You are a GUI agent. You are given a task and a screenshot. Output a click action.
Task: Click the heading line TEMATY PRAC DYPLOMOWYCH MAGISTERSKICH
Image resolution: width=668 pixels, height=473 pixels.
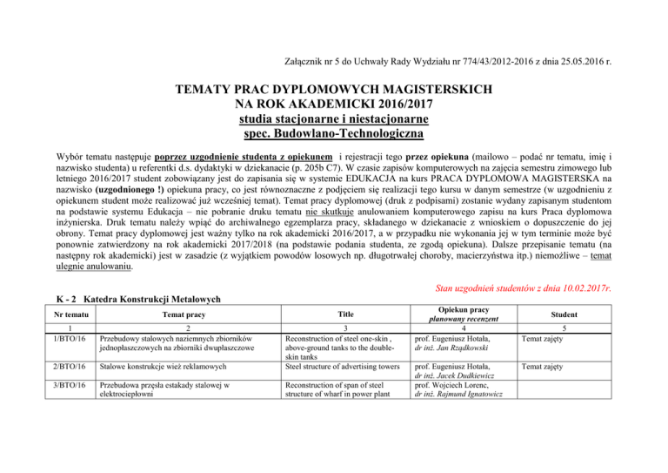tap(335, 90)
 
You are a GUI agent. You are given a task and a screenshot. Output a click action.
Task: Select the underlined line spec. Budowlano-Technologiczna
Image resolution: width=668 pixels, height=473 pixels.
tap(335, 134)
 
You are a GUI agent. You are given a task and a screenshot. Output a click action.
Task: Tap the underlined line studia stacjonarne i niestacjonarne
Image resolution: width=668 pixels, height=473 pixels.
tap(335, 119)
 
